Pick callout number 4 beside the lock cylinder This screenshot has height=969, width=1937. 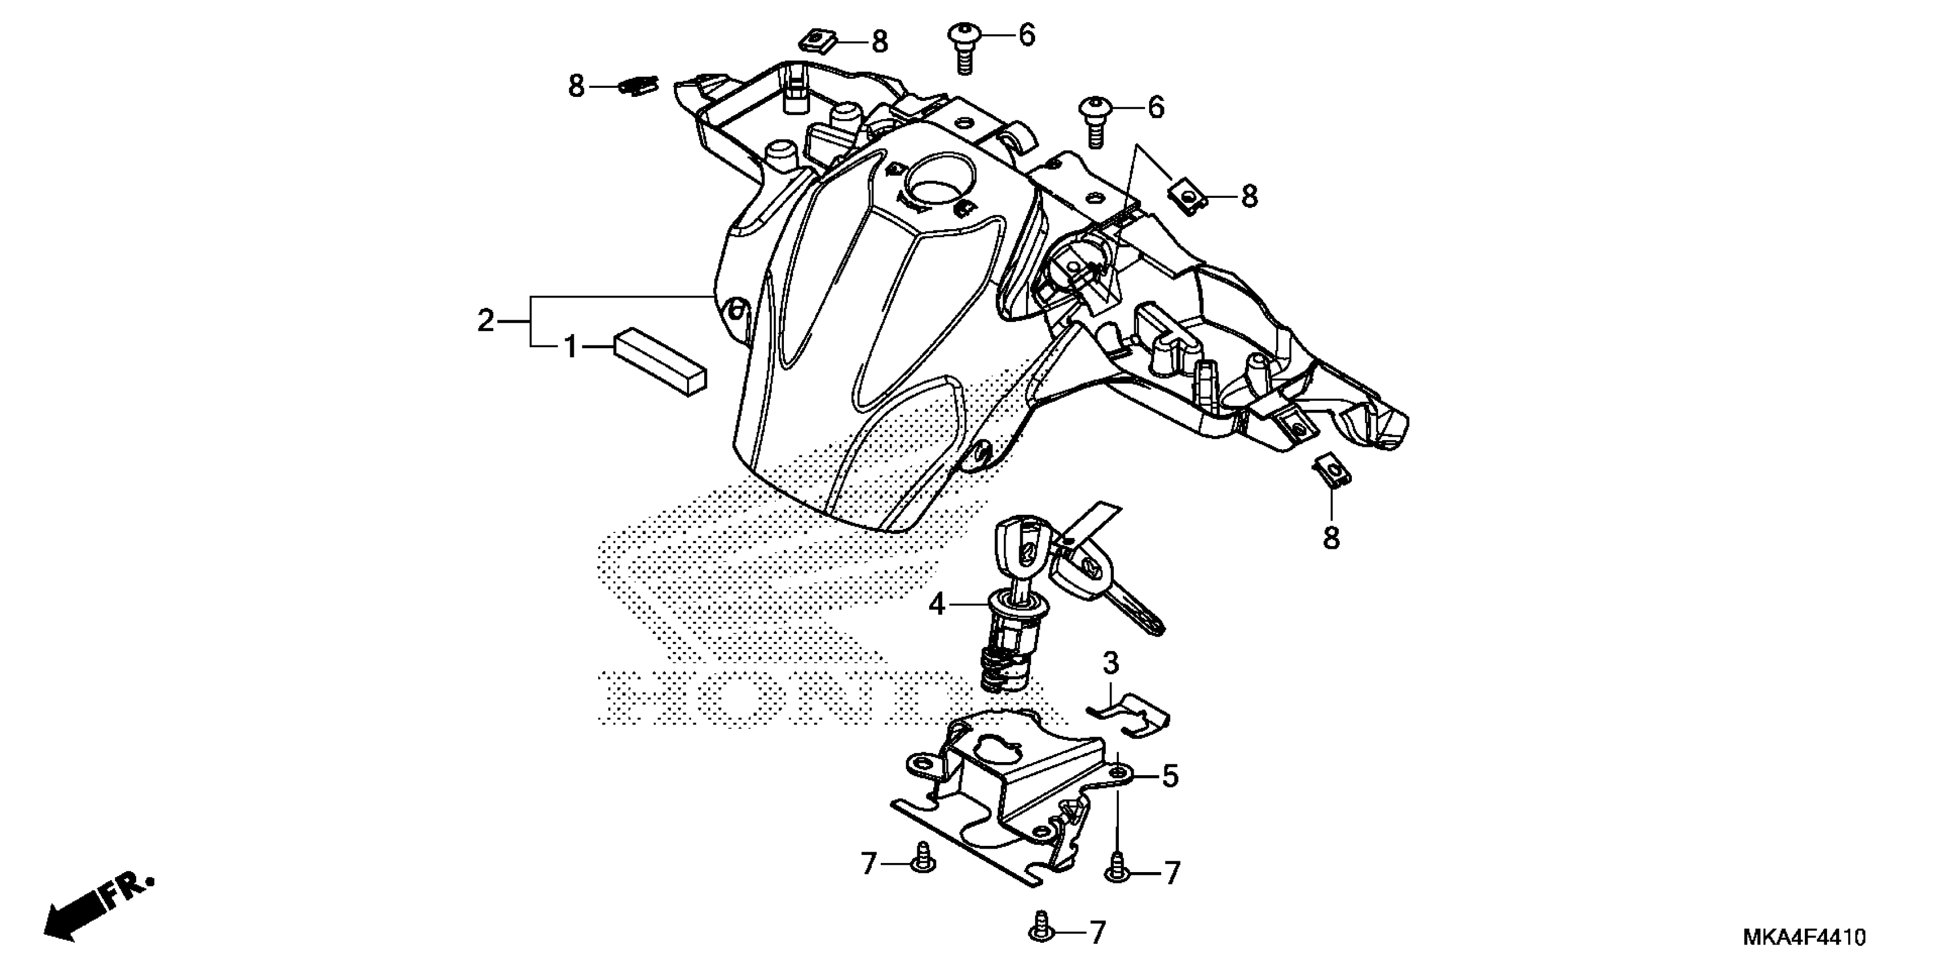(936, 604)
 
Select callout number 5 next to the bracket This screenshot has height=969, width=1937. (1170, 776)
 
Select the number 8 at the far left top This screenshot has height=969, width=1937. (576, 87)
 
